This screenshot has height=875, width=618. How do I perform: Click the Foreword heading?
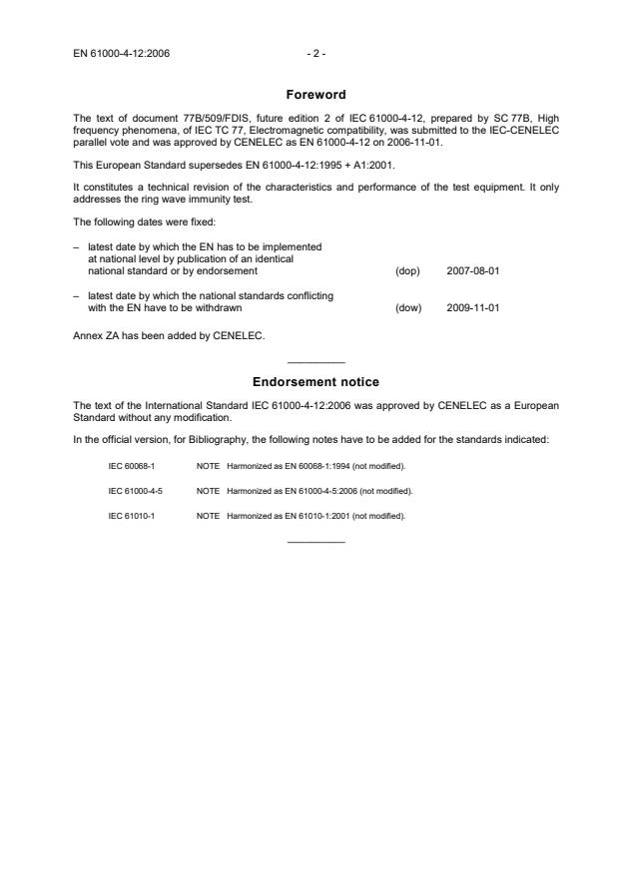(x=315, y=95)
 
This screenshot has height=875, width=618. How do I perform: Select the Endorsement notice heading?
(x=315, y=382)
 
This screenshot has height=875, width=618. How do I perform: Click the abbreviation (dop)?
(x=407, y=270)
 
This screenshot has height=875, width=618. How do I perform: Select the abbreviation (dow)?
(x=408, y=307)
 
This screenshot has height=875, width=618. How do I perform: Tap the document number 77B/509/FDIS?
(x=193, y=119)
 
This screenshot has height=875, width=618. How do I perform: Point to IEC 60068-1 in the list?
(x=132, y=466)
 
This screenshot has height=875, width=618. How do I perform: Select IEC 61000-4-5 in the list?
(x=136, y=491)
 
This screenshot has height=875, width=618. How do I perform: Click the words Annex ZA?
(x=95, y=335)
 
